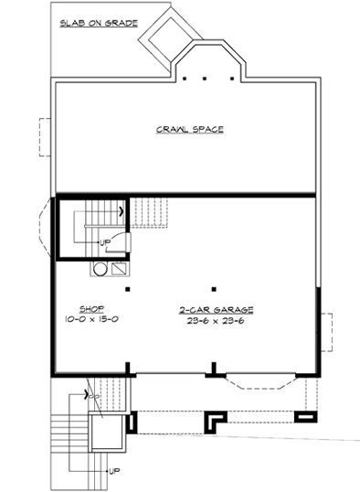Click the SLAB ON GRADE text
98,23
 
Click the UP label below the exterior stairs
114,471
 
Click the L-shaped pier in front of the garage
217,420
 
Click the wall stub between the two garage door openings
213,369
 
